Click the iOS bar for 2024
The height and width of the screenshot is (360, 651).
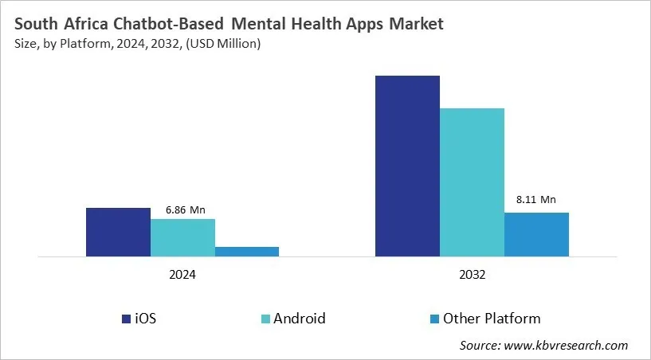pos(118,233)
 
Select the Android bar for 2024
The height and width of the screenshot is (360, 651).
pos(182,237)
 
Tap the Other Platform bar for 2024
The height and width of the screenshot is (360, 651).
pos(247,252)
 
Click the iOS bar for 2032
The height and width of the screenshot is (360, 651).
pos(407,166)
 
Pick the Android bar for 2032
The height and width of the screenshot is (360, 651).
pos(472,182)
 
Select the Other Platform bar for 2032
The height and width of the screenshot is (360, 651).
pos(536,235)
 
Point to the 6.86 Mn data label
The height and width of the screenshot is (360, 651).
pos(186,209)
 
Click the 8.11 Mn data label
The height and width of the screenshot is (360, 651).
pos(535,200)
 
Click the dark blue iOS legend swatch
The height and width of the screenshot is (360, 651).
pos(127,319)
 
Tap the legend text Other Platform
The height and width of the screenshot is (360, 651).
pos(492,319)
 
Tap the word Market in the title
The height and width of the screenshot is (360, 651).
pos(414,25)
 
